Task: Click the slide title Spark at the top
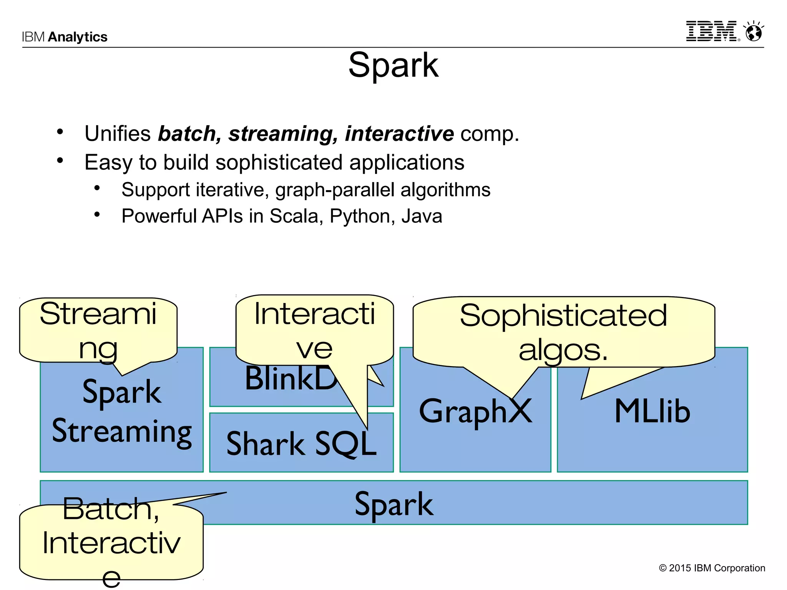pos(393,65)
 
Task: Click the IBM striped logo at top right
pos(712,31)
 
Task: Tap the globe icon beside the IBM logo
pos(754,32)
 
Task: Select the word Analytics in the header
pos(78,37)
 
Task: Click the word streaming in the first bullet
pos(282,134)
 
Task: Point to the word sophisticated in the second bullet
pos(279,162)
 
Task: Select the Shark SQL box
pos(301,444)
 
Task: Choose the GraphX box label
pos(475,411)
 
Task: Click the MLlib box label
pos(652,411)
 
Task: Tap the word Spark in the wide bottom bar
pos(394,504)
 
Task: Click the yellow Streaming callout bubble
pos(98,330)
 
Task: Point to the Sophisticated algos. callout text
pos(563,332)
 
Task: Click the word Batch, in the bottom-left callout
pos(111,509)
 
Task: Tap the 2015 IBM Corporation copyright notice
pos(712,568)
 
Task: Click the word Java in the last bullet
pos(422,216)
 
